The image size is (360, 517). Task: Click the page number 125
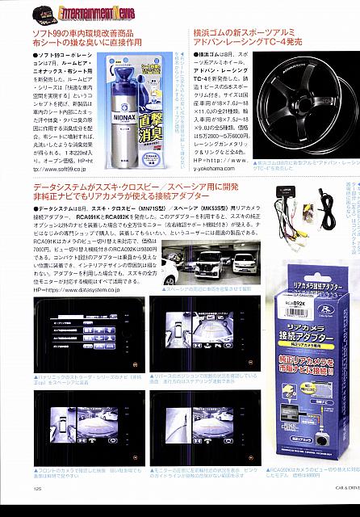tap(38, 509)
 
